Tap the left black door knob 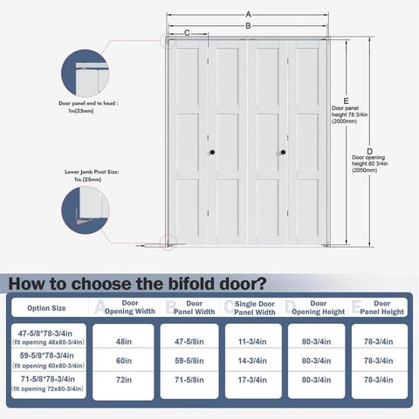click(x=210, y=153)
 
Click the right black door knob click(x=282, y=153)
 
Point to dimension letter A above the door click(x=249, y=15)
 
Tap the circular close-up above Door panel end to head click(x=85, y=72)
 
